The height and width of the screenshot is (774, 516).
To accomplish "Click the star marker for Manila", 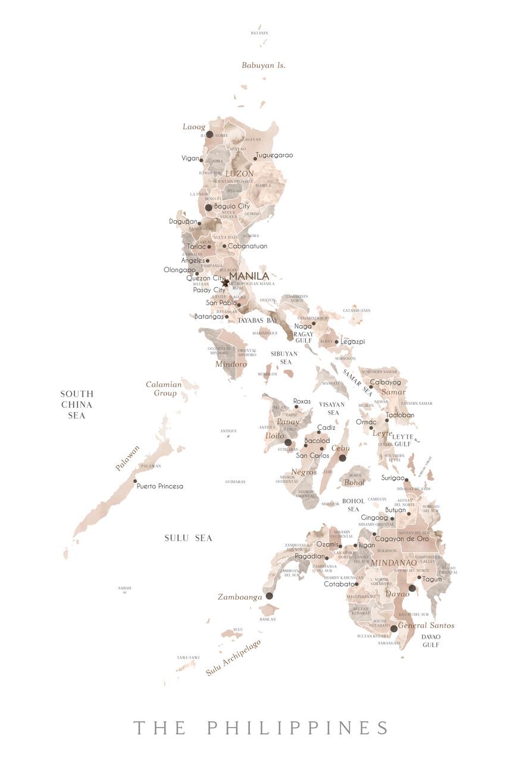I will click(225, 283).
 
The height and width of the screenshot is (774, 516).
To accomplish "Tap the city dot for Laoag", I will click(209, 134).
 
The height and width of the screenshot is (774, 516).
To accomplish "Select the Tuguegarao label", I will click(274, 155).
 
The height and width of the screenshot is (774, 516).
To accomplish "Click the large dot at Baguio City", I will click(208, 207).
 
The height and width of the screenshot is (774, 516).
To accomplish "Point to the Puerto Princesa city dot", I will click(135, 481).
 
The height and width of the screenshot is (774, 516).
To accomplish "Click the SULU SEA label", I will click(188, 538).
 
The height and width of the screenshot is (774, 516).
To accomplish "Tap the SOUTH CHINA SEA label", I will click(77, 405).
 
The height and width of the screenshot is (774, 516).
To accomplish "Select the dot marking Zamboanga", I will click(269, 595).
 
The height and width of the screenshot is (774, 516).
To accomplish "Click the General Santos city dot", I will click(393, 628).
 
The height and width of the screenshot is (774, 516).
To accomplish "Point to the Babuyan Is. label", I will click(263, 65).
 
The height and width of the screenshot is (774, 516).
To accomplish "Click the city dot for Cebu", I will click(342, 458).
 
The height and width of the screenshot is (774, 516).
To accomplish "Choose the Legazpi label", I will click(353, 342).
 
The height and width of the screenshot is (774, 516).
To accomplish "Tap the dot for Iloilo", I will click(288, 442).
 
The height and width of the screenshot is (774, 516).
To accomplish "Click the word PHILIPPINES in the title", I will click(298, 728).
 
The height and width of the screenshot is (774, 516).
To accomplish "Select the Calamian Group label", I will click(164, 389).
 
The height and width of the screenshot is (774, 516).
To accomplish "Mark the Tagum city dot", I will click(419, 578).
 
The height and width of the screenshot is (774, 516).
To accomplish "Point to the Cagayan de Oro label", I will click(402, 539).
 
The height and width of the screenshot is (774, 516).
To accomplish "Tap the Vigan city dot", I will click(201, 160).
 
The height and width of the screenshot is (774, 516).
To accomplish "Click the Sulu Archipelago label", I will click(234, 658).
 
